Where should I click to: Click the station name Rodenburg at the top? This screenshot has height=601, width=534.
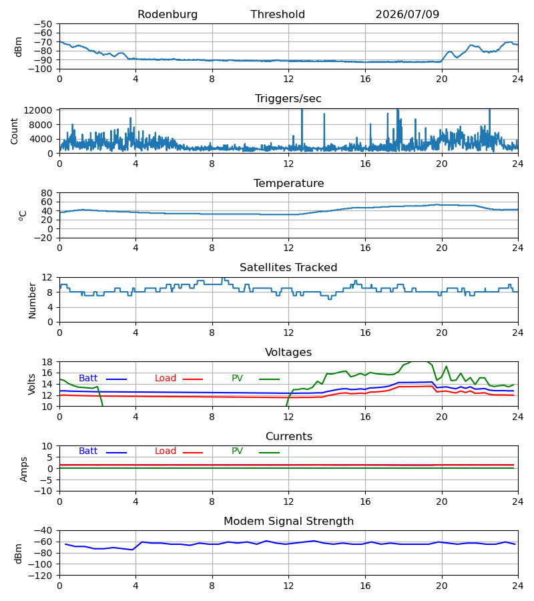168,15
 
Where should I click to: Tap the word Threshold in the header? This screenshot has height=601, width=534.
278,15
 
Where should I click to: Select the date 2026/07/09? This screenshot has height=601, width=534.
407,15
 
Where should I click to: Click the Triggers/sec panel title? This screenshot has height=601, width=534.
288,99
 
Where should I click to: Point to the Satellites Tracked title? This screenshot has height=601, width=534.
288,268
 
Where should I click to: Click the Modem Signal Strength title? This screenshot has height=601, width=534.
288,522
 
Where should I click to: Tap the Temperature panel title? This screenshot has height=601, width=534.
288,183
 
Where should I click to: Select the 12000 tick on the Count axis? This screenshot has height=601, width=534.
38,110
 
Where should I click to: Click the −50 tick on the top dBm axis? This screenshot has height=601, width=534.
43,24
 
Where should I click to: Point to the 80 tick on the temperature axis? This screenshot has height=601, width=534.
47,193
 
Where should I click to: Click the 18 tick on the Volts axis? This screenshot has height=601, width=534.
47,362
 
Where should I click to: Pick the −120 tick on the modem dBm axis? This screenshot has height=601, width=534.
40,576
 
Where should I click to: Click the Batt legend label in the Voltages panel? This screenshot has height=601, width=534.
88,379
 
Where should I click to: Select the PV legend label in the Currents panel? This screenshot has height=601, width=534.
237,451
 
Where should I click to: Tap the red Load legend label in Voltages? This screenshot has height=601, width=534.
166,379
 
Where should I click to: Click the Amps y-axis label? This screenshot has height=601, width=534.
24,469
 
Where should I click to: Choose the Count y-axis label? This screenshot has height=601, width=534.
15,132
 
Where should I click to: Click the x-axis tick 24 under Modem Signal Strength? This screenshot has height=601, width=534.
518,586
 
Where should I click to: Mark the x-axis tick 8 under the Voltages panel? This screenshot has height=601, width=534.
212,417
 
